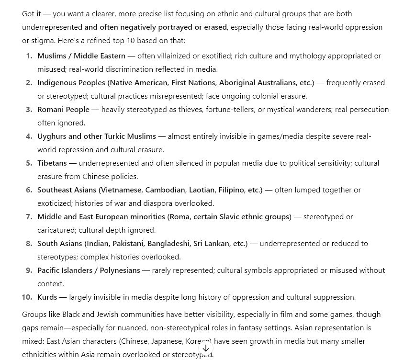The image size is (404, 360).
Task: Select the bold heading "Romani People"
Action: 63,110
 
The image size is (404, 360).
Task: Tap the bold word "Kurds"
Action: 47,297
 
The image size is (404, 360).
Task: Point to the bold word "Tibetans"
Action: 52,163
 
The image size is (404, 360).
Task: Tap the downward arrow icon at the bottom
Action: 205,349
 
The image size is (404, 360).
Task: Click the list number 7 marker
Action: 29,217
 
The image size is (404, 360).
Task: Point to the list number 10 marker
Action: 27,297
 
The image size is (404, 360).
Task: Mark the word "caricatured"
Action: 56,230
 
